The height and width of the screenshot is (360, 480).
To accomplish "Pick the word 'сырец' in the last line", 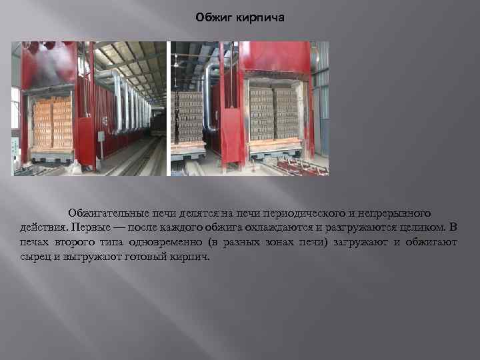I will coord(34,256).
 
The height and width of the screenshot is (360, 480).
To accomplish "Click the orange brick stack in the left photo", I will coord(52,123).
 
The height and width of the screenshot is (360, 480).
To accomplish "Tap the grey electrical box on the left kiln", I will coord(101,136).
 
